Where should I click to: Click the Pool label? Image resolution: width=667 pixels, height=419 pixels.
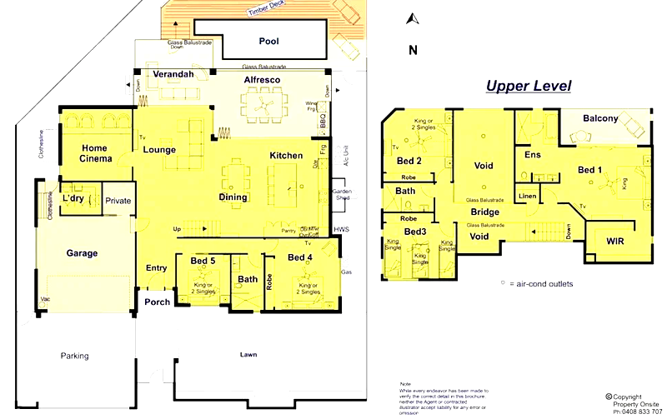coord(269,41)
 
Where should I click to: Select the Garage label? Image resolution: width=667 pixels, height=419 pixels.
coord(82,253)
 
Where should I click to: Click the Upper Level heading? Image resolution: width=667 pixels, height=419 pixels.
coord(529,87)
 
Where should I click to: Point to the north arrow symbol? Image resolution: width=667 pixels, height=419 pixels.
coord(410,18)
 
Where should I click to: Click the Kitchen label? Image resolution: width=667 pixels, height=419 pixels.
coord(286,156)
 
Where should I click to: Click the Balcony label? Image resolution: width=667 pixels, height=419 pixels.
coord(600,118)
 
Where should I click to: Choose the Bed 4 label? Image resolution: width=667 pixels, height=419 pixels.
coord(301,257)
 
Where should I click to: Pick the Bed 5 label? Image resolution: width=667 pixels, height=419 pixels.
coord(203,261)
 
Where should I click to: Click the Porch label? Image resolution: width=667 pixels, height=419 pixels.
coord(157,302)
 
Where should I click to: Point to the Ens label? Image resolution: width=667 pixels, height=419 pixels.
coord(533,155)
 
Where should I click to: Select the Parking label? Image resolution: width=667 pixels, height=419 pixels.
coord(74,357)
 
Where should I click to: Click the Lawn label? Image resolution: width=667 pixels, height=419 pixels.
coord(248,355)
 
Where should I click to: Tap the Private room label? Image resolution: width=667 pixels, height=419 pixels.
coord(118,201)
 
